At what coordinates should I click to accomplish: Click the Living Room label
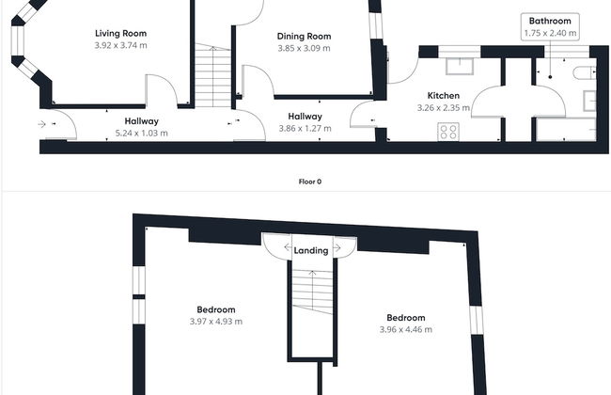[x=121, y=34]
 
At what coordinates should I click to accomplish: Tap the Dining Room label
[x=304, y=37]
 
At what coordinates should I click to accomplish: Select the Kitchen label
[x=444, y=96]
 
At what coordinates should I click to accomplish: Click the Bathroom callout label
[x=550, y=21]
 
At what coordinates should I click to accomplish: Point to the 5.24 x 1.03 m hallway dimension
[x=141, y=133]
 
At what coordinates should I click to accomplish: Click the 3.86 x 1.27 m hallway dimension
[x=305, y=128]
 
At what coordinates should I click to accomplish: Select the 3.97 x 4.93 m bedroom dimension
[x=216, y=322]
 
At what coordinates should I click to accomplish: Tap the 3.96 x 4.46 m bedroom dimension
[x=406, y=329]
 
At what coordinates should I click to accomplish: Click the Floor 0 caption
[x=310, y=182]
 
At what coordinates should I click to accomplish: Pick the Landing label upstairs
[x=311, y=250]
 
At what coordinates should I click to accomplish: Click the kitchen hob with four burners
[x=448, y=132]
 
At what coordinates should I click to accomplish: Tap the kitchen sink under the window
[x=460, y=66]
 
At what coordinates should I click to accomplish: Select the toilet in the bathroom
[x=585, y=72]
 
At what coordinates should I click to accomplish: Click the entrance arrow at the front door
[x=41, y=124]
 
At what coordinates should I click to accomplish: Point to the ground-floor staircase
[x=213, y=75]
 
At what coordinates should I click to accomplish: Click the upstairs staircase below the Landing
[x=312, y=291]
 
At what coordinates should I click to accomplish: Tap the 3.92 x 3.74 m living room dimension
[x=121, y=45]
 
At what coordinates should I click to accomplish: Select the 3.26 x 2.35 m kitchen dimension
[x=444, y=107]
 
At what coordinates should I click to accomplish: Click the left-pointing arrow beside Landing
[x=288, y=247]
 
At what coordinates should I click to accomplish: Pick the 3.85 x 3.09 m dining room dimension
[x=304, y=48]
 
